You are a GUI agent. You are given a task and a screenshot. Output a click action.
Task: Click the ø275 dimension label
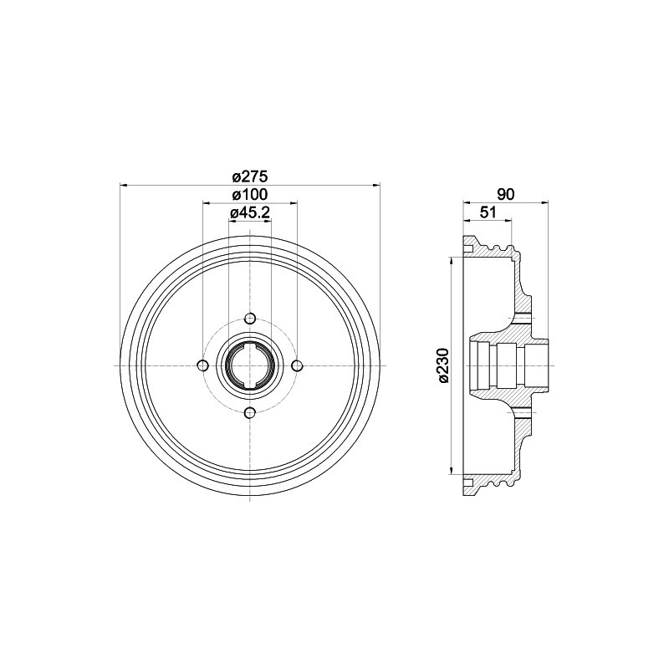248,176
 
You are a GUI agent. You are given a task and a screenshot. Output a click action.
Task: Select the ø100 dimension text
248,195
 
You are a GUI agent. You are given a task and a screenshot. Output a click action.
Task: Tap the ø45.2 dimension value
248,213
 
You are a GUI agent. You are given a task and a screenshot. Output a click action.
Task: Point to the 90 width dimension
504,193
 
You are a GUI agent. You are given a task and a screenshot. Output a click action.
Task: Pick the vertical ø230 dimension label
443,365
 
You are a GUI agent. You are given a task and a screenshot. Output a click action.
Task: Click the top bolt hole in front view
250,319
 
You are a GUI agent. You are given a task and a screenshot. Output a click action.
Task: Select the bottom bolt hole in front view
250,412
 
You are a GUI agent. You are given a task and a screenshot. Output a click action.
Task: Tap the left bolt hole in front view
202,365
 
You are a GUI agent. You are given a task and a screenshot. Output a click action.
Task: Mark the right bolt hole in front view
297,365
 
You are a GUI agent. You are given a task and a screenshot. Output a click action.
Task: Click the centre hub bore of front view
250,365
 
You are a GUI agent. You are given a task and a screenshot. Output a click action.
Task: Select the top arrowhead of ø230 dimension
452,261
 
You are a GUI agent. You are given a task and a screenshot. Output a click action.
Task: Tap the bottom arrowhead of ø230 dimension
452,470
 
